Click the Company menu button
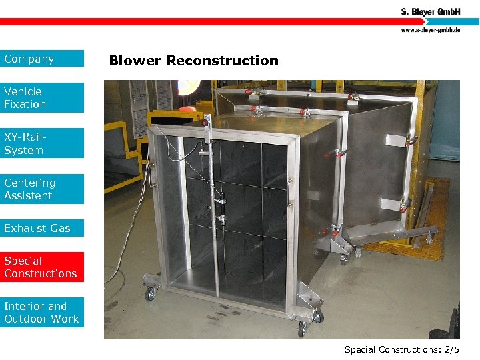[42, 59]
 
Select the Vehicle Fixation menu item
[42, 97]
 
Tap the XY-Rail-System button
[42, 143]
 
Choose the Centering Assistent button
[42, 189]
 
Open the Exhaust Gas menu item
[42, 228]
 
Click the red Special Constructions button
[42, 267]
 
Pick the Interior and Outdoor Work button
[42, 313]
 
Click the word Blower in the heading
[135, 61]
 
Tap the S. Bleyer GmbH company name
[430, 11]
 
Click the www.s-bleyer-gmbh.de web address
[430, 30]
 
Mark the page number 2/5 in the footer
[451, 349]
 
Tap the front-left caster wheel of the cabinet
[150, 293]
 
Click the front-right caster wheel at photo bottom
[301, 329]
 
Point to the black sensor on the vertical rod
[219, 203]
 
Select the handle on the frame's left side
[153, 176]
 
